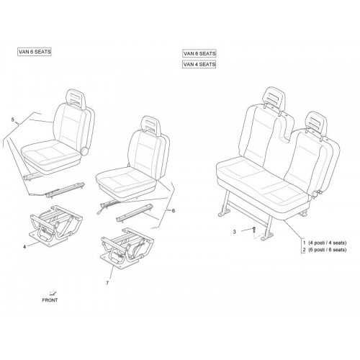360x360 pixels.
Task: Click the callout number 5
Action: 13,120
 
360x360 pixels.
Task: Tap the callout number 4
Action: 24,247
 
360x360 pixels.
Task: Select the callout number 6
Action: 174,211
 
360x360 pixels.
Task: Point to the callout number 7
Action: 107,283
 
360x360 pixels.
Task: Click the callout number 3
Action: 235,232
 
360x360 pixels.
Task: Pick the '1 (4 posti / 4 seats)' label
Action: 325,243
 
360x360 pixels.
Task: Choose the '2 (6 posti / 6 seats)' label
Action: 325,250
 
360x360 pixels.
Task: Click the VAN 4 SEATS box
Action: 199,64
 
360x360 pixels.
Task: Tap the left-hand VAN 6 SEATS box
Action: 35,52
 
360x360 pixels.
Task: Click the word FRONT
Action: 50,300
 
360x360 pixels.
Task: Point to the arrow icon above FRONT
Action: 53,292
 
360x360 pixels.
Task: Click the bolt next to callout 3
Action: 253,230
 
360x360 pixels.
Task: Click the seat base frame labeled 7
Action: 127,247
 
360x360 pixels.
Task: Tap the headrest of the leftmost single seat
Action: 76,98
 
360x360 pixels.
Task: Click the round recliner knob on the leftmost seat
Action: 84,151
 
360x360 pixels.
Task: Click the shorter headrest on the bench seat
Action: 316,124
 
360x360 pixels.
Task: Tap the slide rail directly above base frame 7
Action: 134,212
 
